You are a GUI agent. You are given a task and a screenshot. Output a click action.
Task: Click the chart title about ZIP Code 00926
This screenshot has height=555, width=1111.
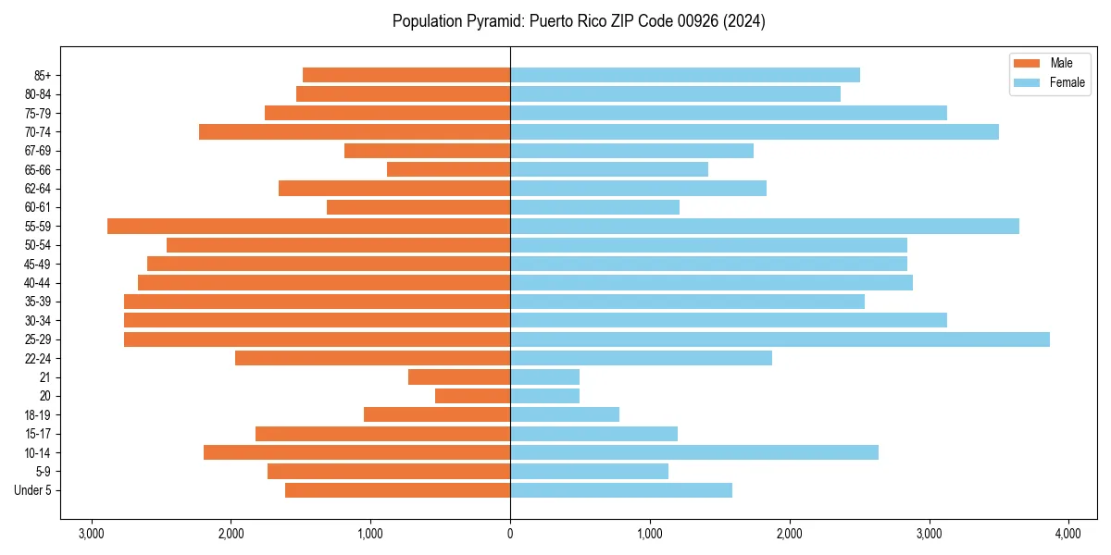tap(578, 21)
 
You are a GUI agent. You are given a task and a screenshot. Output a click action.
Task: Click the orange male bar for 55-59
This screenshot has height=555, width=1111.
tap(308, 227)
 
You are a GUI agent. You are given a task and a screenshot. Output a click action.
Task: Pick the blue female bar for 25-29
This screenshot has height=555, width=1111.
tap(780, 339)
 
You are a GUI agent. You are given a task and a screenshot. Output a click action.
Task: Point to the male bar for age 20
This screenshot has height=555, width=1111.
tap(472, 396)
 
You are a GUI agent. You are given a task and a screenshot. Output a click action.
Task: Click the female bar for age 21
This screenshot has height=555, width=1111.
tap(544, 377)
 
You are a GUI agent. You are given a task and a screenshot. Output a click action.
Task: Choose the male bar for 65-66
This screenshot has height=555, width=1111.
tap(448, 169)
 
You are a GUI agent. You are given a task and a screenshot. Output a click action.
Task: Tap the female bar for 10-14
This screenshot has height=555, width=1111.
tap(694, 452)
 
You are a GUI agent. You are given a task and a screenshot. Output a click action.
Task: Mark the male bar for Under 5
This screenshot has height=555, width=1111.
tap(397, 490)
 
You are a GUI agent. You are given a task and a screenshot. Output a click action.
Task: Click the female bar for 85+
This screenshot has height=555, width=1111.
tap(685, 75)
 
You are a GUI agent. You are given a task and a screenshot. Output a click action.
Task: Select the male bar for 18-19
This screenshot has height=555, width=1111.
tap(437, 414)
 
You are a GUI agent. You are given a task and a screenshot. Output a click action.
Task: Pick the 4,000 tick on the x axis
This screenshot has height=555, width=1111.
tap(1068, 534)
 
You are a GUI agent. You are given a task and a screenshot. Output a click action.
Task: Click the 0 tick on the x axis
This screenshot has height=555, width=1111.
tap(510, 534)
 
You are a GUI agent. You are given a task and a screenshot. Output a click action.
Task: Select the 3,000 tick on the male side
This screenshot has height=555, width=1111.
tap(91, 534)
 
